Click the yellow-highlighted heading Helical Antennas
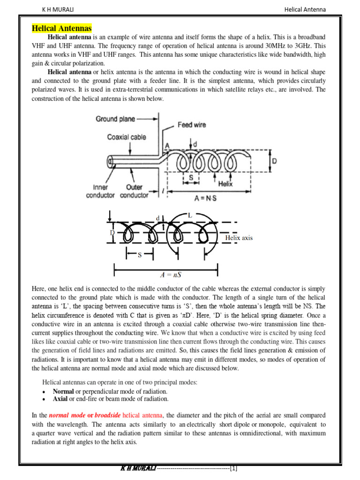(61, 29)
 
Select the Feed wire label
(191, 125)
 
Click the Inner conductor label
(100, 191)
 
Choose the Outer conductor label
(134, 191)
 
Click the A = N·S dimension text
(206, 198)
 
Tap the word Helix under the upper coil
(225, 184)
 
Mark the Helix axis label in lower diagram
(239, 238)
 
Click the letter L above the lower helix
(189, 215)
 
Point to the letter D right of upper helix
(274, 161)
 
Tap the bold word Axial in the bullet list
(60, 399)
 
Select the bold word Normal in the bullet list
(63, 391)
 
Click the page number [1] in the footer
(234, 468)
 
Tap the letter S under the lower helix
(139, 255)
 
